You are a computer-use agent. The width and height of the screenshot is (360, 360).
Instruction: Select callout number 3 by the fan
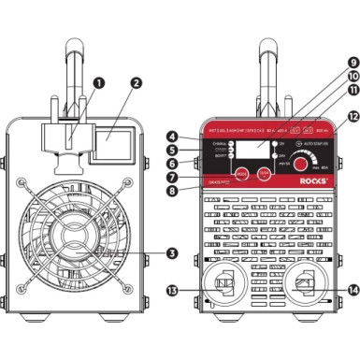tap(146, 252)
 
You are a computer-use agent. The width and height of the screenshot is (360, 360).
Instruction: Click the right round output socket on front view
tap(303, 281)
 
